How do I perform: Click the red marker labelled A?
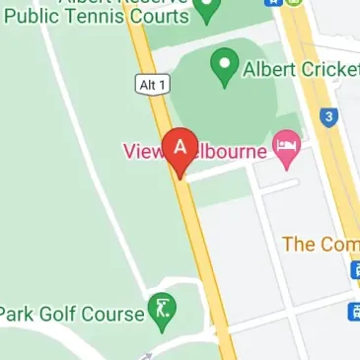coord(180,148)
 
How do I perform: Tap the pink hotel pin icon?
coord(287,148)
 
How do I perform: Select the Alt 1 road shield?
coord(147,86)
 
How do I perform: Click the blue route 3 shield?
coord(329,117)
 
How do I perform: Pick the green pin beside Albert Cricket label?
coord(225,67)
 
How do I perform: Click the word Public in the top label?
coord(30,16)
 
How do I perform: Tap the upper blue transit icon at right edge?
coord(354,269)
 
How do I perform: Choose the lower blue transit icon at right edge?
coord(354,313)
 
